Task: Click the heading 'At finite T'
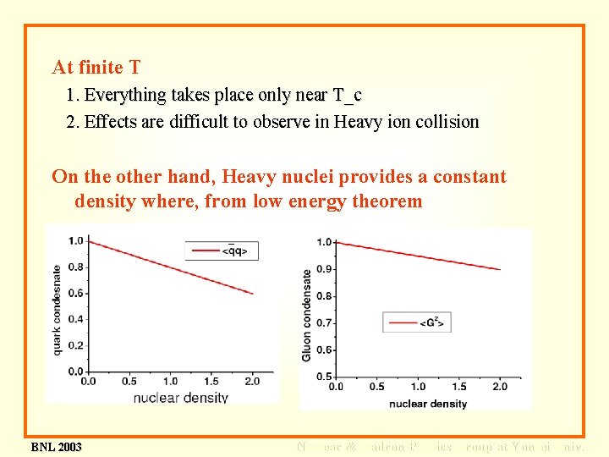[x=96, y=67]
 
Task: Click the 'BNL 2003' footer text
[x=56, y=447]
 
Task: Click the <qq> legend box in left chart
[x=222, y=250]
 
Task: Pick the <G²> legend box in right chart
[x=418, y=322]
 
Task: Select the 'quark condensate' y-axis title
[x=58, y=306]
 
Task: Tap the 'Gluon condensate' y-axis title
[x=306, y=315]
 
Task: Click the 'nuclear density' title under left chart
[x=181, y=397]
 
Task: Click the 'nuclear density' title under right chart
[x=428, y=404]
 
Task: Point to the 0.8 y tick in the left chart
[x=76, y=267]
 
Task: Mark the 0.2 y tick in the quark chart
[x=76, y=345]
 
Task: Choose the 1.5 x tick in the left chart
[x=211, y=382]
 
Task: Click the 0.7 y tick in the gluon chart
[x=324, y=323]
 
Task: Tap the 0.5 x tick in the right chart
[x=376, y=387]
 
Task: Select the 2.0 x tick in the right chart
[x=500, y=387]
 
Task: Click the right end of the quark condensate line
[x=253, y=294]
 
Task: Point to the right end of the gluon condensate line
[x=500, y=269]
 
